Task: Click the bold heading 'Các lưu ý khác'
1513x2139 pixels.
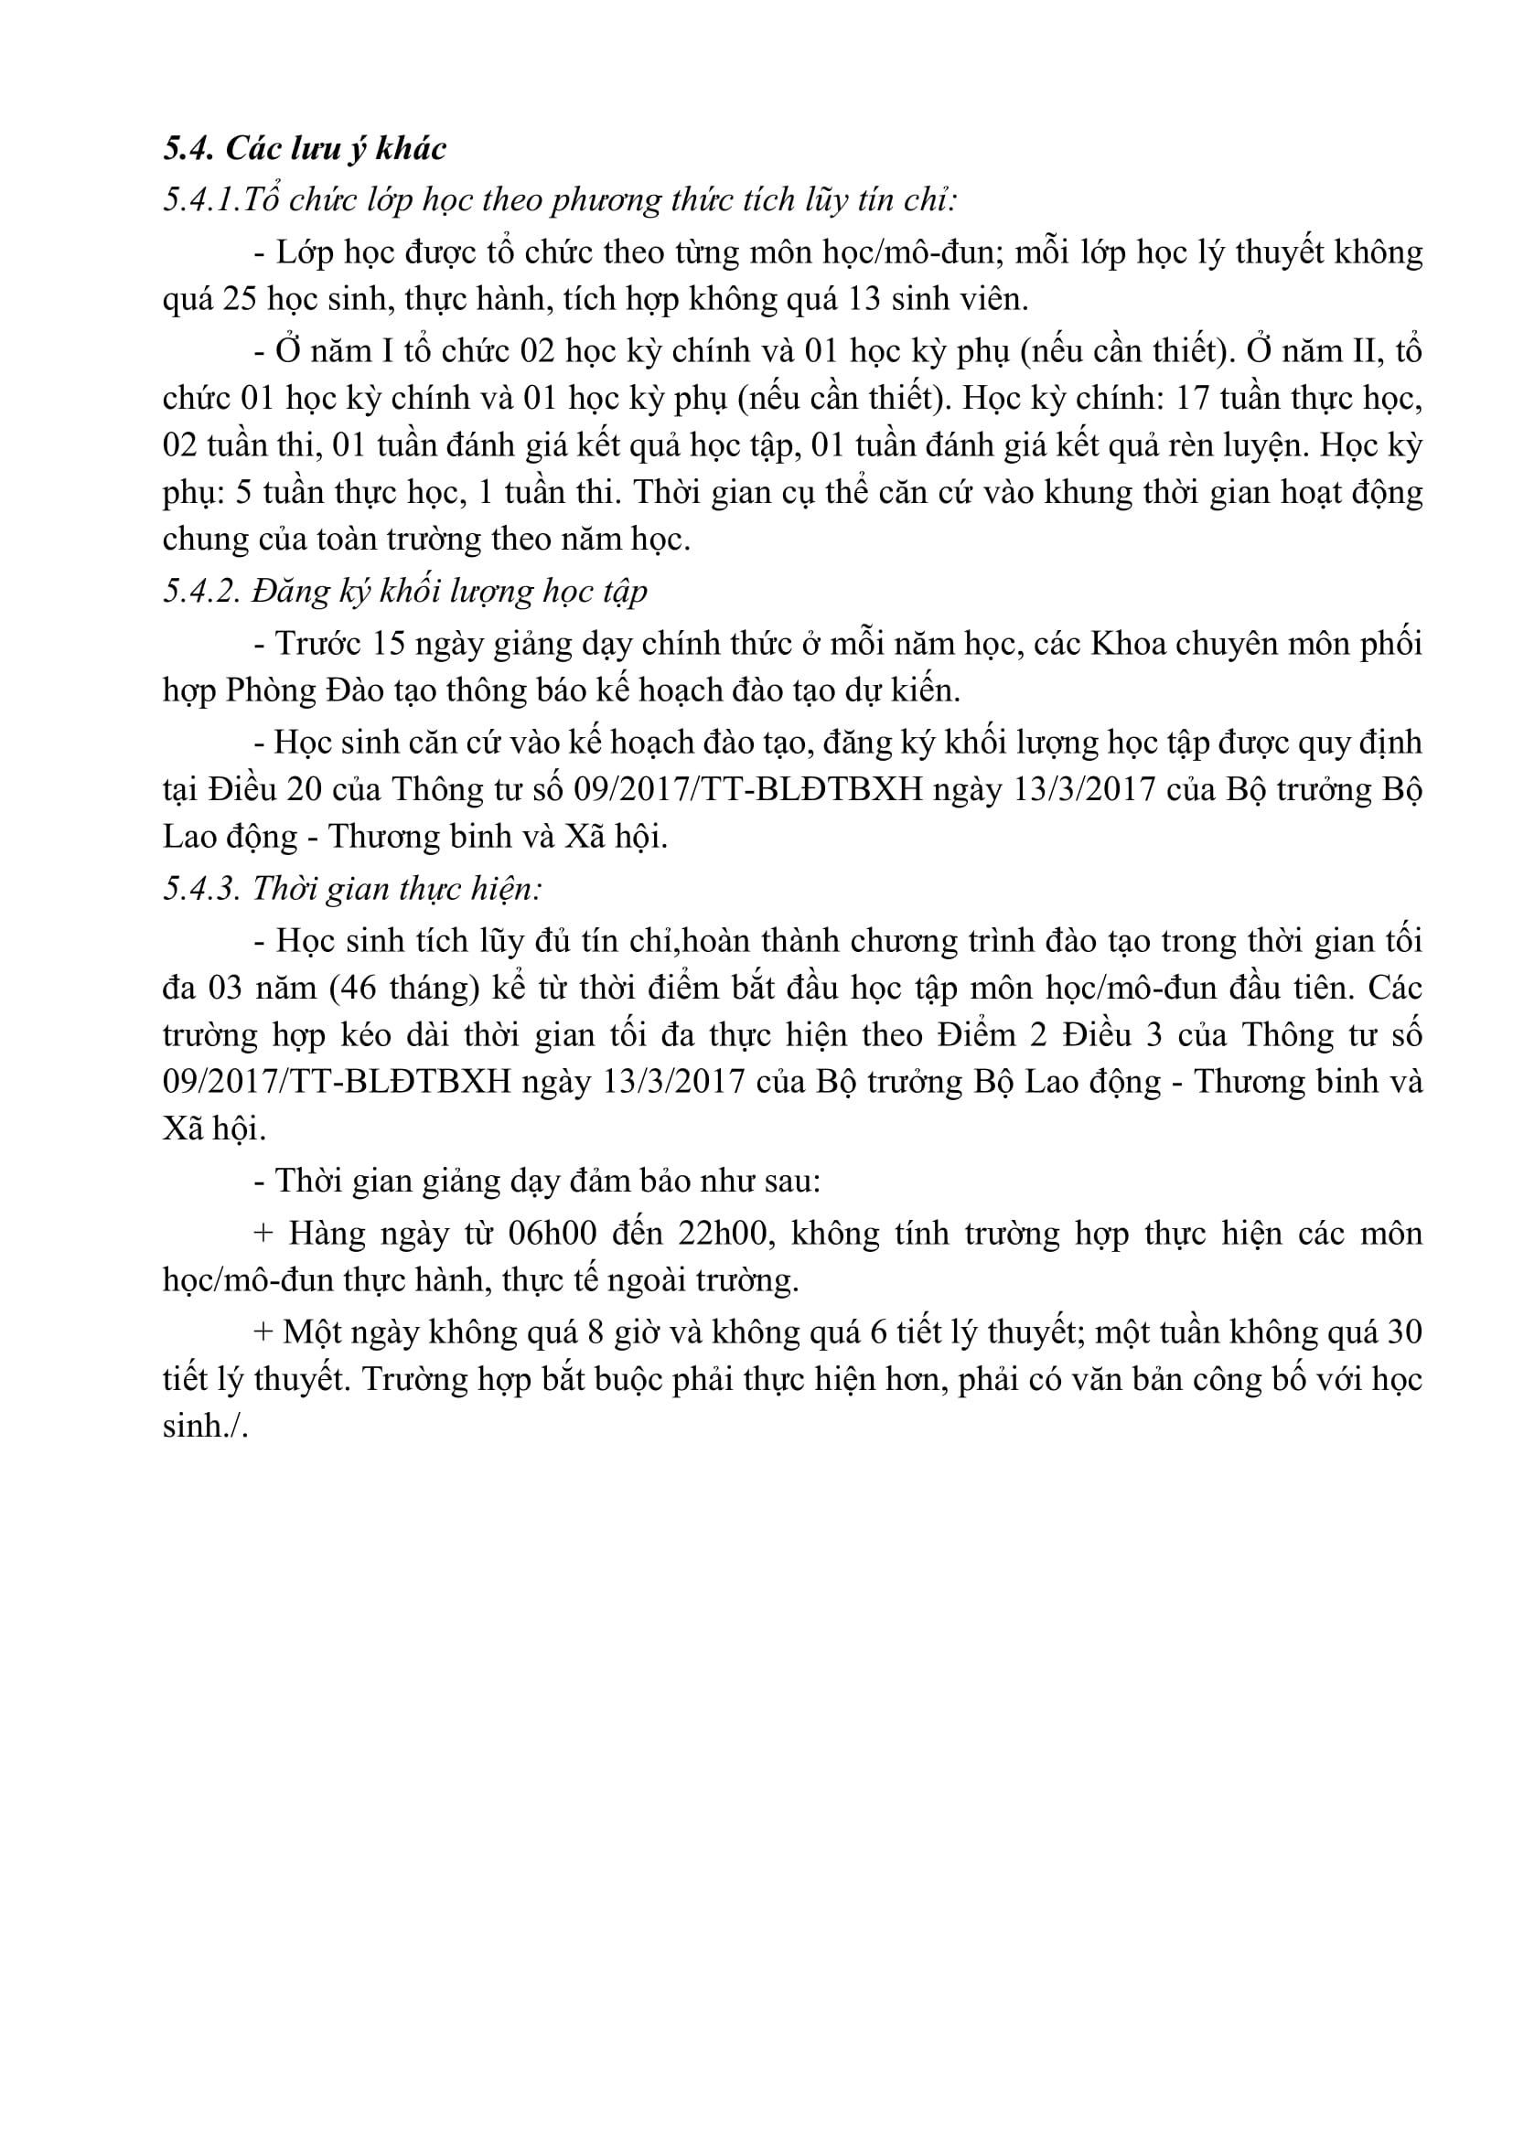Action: [x=337, y=149]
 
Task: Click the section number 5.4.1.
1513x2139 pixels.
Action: [x=199, y=200]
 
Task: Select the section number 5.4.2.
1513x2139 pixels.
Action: [x=201, y=591]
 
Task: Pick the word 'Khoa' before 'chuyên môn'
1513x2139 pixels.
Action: [x=1128, y=644]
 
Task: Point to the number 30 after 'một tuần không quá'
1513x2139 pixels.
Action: [x=1403, y=1333]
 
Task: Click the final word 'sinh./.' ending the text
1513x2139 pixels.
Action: [x=205, y=1427]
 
